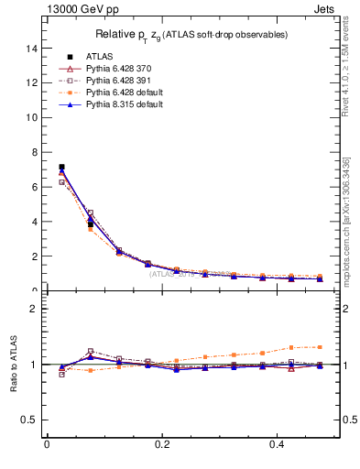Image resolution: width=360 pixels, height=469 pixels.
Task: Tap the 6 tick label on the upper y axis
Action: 34,187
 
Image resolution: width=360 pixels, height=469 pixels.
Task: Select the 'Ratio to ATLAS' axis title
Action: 14,365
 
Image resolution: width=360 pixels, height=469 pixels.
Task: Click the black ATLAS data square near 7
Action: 61,167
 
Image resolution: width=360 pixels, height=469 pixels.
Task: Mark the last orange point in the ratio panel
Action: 320,346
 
